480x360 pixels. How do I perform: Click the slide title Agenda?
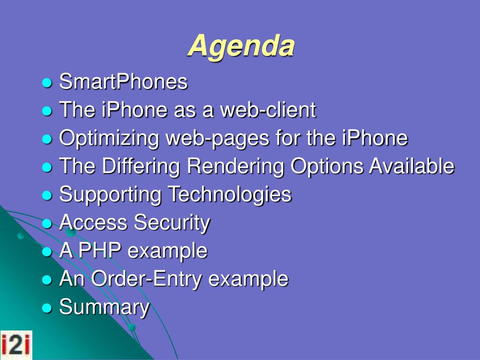point(241,46)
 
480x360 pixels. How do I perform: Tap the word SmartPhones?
point(123,82)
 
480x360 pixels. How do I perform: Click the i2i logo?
point(16,345)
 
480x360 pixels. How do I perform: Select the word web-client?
point(268,110)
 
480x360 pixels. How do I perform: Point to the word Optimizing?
point(109,139)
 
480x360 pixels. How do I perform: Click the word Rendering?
point(235,167)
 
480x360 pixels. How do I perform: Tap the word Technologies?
point(230,195)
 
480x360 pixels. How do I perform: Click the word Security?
point(172,223)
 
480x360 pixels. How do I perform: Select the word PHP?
point(100,250)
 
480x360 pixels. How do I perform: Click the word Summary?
point(105,307)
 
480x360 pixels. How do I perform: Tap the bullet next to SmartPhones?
point(47,82)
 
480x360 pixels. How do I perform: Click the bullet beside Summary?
point(47,308)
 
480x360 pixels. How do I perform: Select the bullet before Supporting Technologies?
point(47,195)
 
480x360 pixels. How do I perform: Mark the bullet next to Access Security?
point(47,224)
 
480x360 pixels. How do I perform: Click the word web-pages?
point(217,139)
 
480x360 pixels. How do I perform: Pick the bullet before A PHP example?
point(47,252)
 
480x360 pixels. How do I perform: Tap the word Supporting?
point(111,195)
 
